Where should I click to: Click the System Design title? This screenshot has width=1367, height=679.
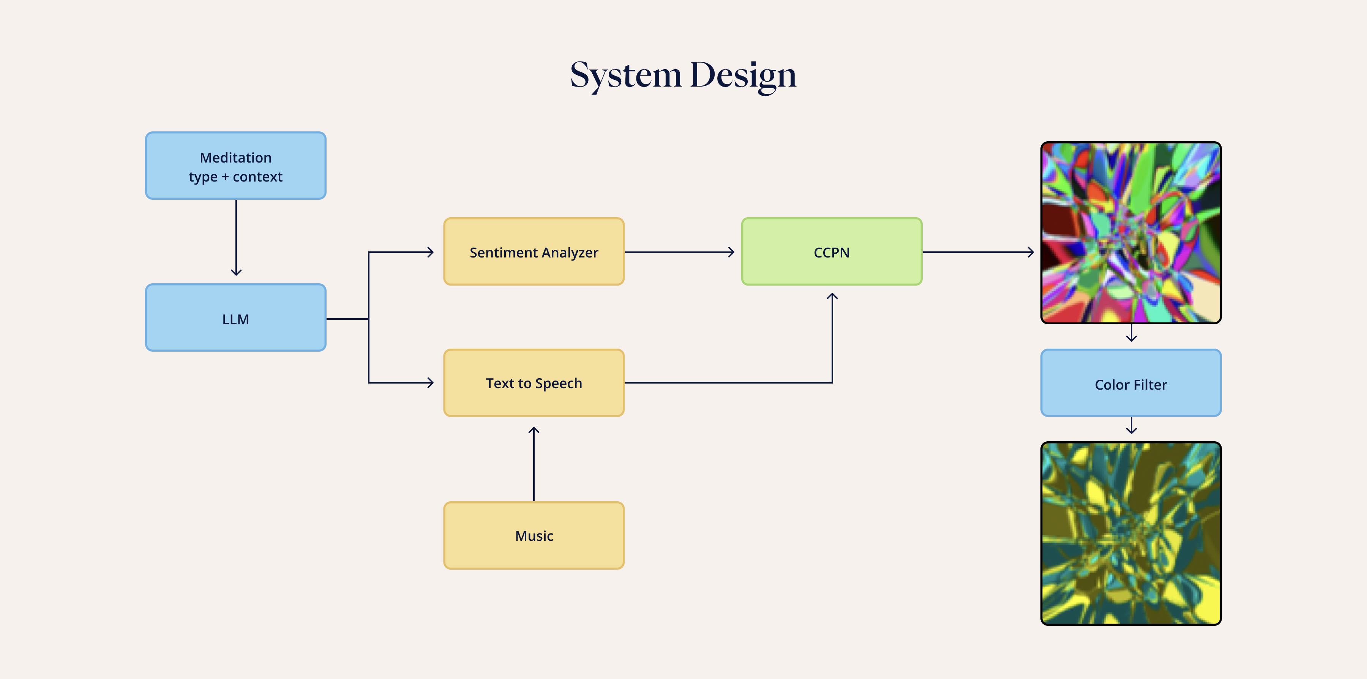click(x=683, y=76)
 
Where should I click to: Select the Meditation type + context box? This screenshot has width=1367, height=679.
click(x=235, y=166)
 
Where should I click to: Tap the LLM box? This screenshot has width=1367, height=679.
click(x=235, y=317)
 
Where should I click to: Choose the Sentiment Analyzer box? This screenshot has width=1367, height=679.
click(x=534, y=252)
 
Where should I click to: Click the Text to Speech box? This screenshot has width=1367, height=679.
click(x=534, y=383)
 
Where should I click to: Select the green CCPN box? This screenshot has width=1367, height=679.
click(x=832, y=252)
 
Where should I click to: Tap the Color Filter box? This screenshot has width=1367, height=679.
click(x=1131, y=383)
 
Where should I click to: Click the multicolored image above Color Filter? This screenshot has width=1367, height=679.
click(x=1131, y=232)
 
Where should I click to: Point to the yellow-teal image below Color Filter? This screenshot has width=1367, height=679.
click(x=1131, y=534)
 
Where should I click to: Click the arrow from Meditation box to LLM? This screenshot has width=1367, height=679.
click(x=236, y=238)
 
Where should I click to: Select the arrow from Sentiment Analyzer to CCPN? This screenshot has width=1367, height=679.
click(x=680, y=252)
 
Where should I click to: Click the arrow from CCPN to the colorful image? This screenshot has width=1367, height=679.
click(x=979, y=252)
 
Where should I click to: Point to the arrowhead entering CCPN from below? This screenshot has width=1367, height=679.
click(x=832, y=296)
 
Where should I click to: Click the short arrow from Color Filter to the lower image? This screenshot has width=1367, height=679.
click(x=1132, y=425)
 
